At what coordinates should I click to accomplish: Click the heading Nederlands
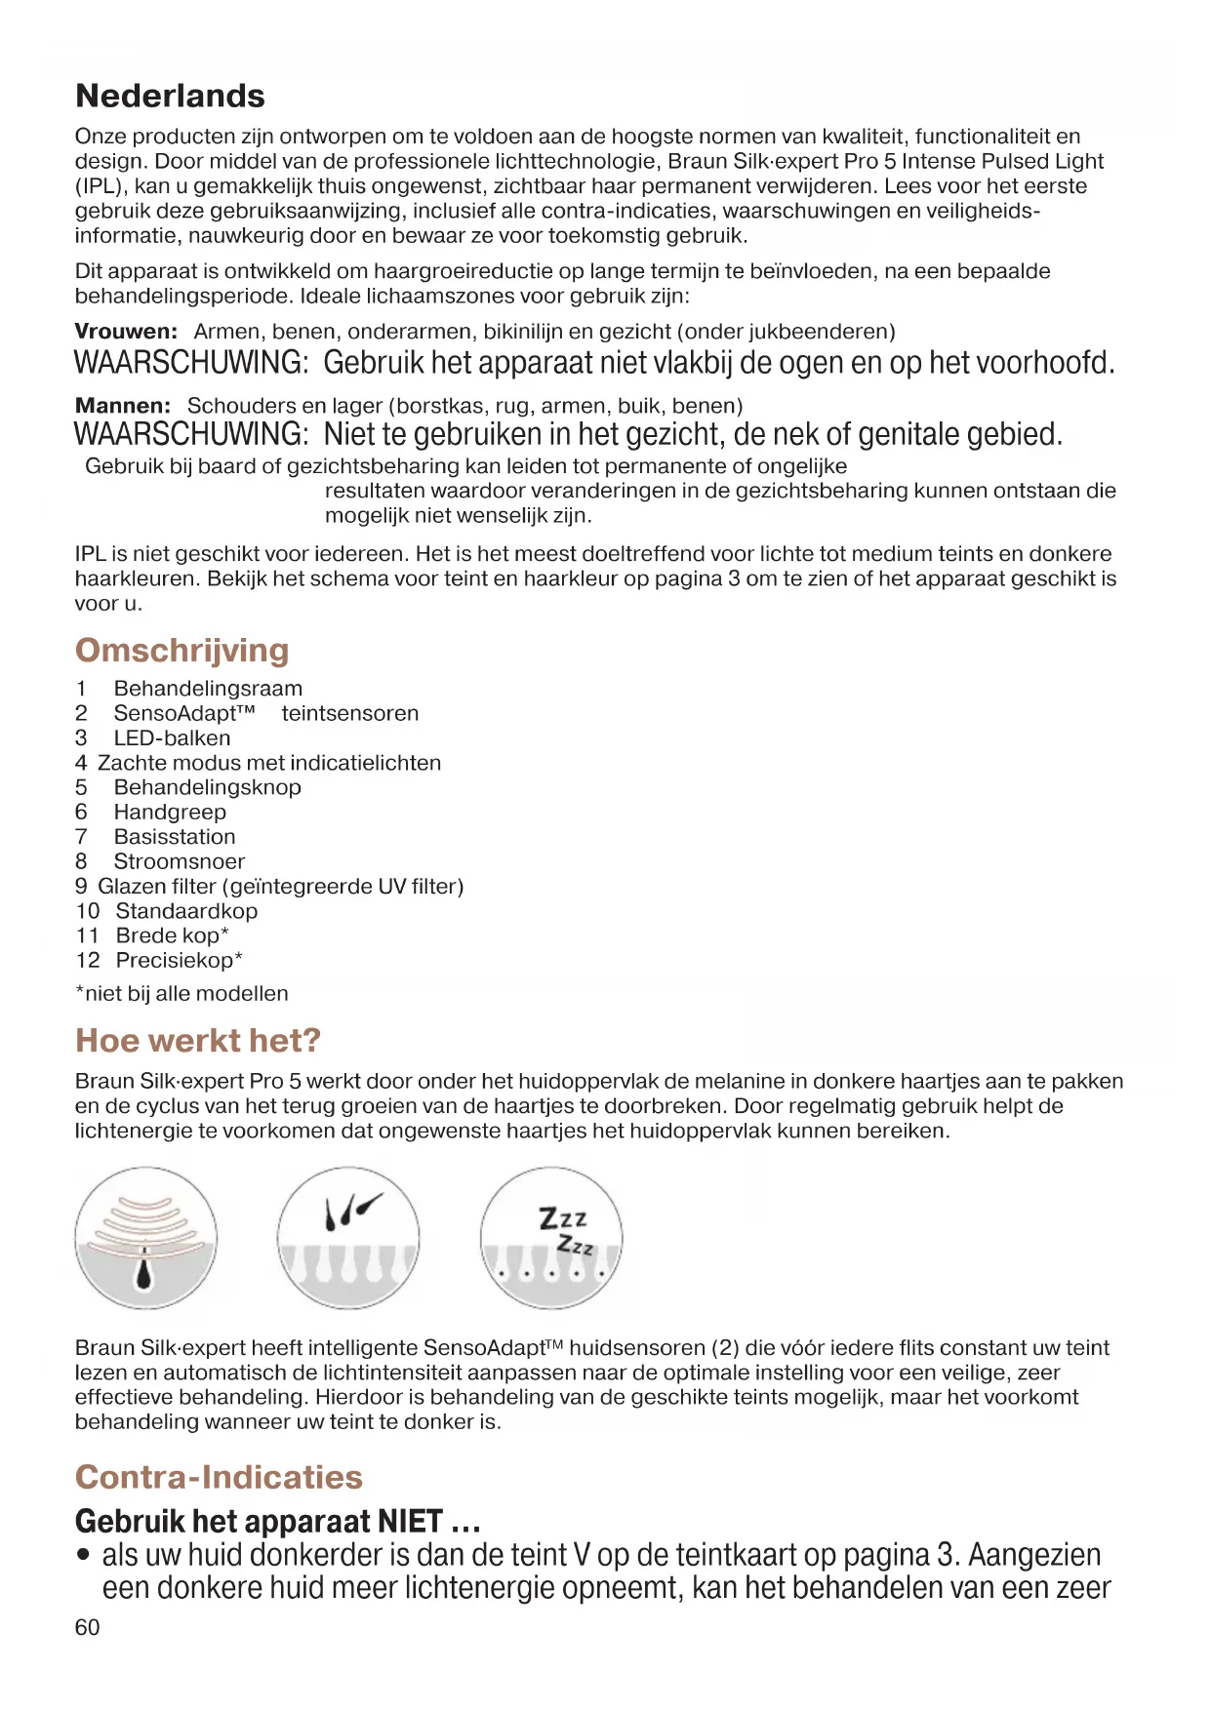tap(170, 96)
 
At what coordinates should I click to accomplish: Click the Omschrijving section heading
tap(182, 651)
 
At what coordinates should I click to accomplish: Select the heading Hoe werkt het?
tap(197, 1041)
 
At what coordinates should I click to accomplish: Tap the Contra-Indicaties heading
tap(219, 1477)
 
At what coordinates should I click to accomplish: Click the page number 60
tap(87, 1627)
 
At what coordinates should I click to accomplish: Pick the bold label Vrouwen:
tap(126, 332)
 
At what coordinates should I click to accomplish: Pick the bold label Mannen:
tap(123, 406)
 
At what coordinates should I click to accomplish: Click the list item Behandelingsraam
tap(208, 689)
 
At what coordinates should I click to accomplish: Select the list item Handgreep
tap(170, 813)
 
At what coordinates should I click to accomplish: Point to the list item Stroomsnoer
tap(180, 861)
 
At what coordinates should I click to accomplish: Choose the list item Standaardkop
tap(186, 911)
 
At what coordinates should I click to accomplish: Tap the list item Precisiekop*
tap(180, 961)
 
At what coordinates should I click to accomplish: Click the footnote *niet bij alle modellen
tap(182, 994)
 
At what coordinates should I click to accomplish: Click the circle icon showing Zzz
tap(551, 1239)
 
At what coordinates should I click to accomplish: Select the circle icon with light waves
tap(146, 1239)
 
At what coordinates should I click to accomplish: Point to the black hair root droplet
tap(145, 1271)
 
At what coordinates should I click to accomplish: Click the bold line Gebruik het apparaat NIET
tap(277, 1522)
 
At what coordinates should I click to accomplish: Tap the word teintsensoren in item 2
tap(350, 713)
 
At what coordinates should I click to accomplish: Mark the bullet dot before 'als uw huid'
tap(85, 1555)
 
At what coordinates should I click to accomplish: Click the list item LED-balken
tap(172, 738)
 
